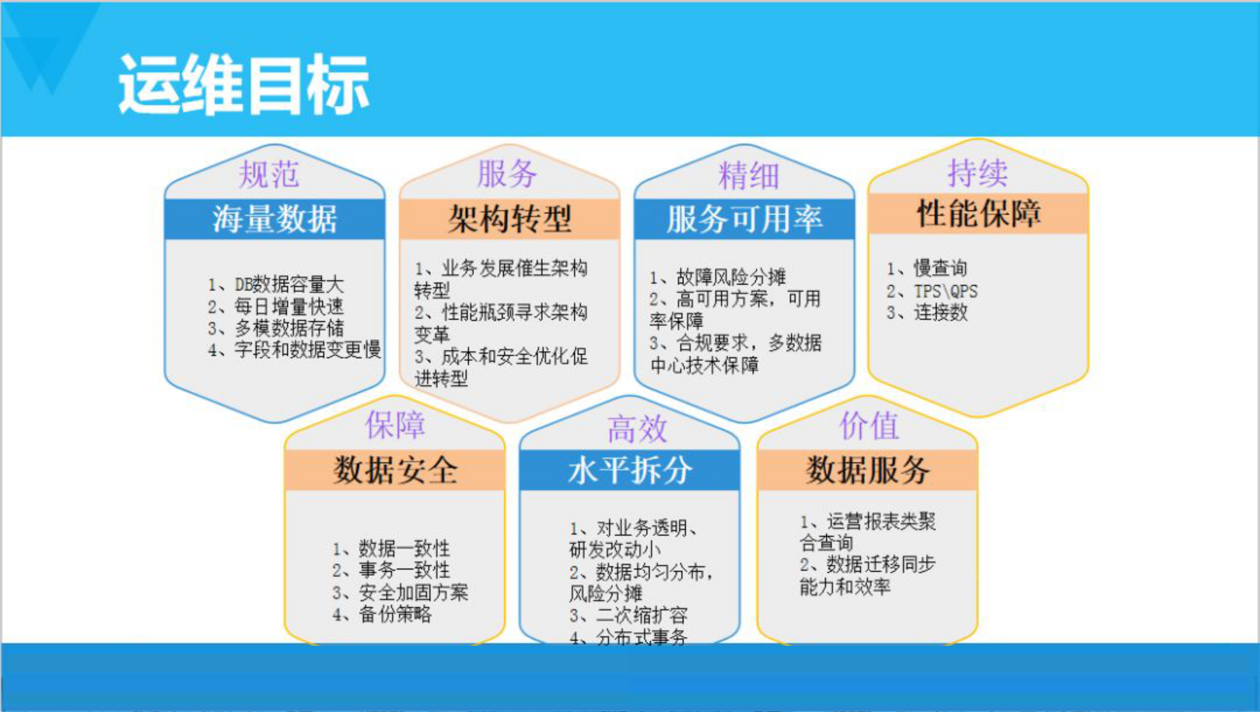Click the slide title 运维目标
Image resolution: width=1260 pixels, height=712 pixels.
pyautogui.click(x=243, y=84)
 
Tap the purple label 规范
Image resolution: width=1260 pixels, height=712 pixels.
pyautogui.click(x=269, y=174)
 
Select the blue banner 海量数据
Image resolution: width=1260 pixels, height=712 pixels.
pyautogui.click(x=275, y=219)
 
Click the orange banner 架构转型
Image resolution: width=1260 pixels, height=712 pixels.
pyautogui.click(x=509, y=219)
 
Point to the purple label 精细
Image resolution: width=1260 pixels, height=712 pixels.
pyautogui.click(x=749, y=176)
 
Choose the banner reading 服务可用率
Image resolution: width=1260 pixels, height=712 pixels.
pyautogui.click(x=744, y=219)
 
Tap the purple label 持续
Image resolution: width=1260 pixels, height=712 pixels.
pyautogui.click(x=978, y=172)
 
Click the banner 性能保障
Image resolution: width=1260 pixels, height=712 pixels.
pyautogui.click(x=978, y=213)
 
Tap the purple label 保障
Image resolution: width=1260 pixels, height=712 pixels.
pyautogui.click(x=395, y=424)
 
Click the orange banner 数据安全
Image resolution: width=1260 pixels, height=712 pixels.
pyautogui.click(x=395, y=470)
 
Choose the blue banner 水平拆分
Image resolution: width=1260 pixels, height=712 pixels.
pyautogui.click(x=629, y=470)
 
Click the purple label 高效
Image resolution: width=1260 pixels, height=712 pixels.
pyautogui.click(x=637, y=429)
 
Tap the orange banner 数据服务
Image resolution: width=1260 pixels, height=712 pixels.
pyautogui.click(x=867, y=470)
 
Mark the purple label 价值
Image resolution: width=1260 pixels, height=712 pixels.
pyautogui.click(x=869, y=426)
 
